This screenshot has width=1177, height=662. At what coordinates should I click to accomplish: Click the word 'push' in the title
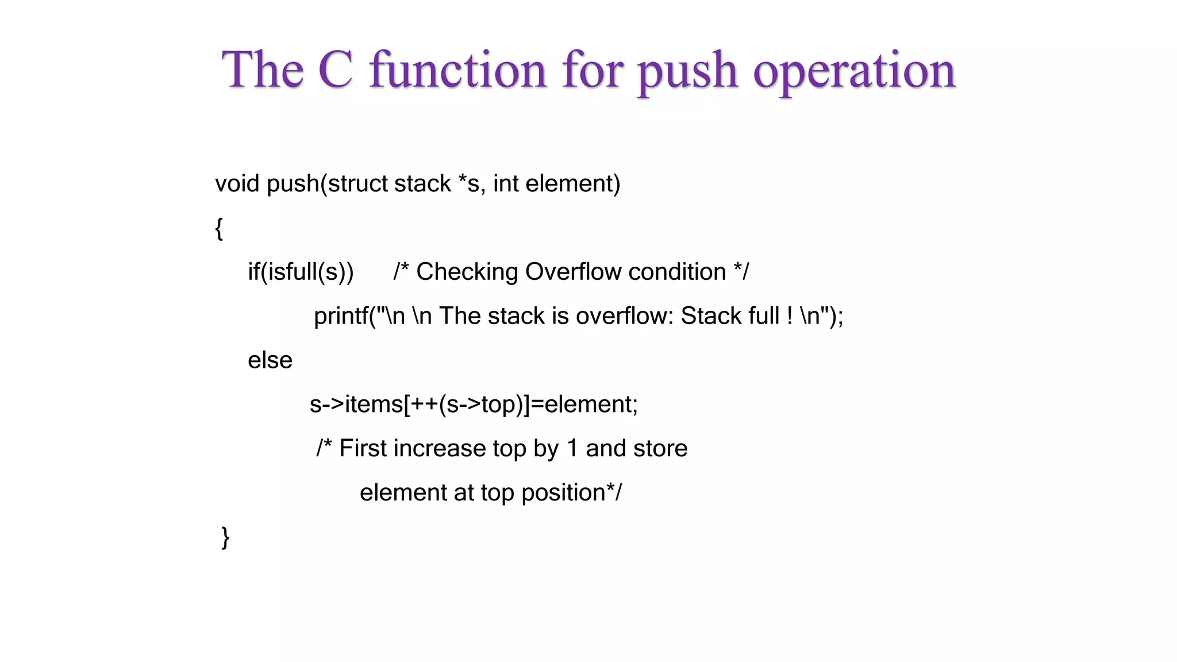coord(687,71)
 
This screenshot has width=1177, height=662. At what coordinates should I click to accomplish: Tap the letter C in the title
coord(335,70)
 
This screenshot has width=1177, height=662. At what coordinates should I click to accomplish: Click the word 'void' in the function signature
coord(237,184)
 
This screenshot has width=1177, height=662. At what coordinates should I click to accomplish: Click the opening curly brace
coord(219,228)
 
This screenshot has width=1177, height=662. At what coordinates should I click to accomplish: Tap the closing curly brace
coord(225,537)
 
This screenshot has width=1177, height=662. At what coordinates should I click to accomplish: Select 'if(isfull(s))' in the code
coord(301,272)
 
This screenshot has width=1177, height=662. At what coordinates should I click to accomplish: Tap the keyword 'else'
coord(270,360)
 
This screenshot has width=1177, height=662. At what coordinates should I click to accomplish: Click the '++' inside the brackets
coord(424,405)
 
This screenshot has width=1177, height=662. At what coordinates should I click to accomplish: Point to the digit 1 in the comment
coord(572,448)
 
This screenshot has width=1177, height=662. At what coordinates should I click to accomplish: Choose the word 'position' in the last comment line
coord(563,493)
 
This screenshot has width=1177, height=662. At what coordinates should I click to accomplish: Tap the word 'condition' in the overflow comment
coord(677,272)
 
